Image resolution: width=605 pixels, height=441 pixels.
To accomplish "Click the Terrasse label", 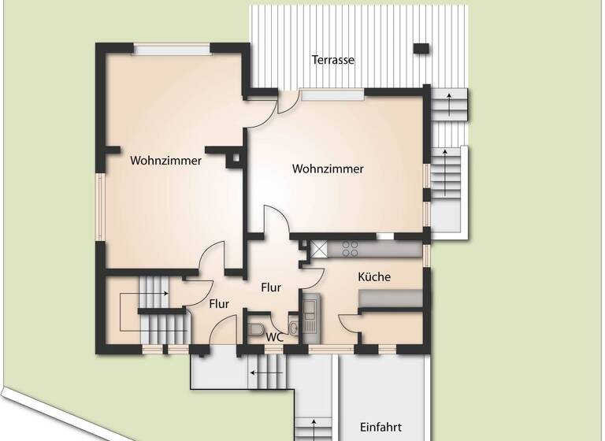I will [x=332, y=60].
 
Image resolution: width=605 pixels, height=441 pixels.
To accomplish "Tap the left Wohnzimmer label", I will [x=166, y=161].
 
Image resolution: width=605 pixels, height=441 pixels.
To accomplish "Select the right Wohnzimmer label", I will [x=328, y=169].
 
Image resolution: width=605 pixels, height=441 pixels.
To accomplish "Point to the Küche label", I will [x=374, y=277].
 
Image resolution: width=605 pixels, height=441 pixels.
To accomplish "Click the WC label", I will [x=274, y=337].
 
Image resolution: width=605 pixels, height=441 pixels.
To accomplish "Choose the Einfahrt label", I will [x=380, y=428].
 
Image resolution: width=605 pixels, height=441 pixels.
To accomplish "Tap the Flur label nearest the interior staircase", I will [x=219, y=303].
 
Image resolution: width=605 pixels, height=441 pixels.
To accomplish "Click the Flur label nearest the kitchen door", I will [x=271, y=287].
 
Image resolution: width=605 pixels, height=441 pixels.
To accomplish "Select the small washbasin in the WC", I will [x=294, y=328].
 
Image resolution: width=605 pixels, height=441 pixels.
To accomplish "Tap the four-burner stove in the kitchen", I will [x=349, y=249].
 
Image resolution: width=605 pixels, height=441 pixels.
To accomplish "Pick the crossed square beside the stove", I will [x=319, y=249].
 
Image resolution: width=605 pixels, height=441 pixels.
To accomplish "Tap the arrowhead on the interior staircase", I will [x=165, y=293].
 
